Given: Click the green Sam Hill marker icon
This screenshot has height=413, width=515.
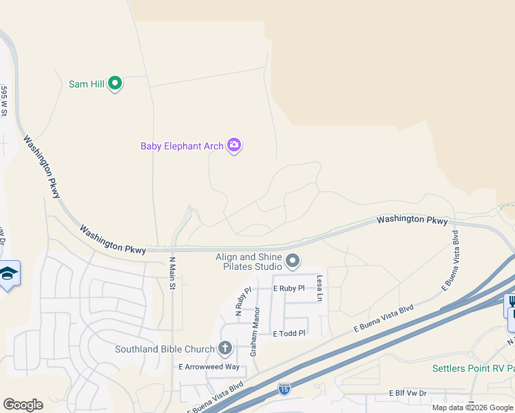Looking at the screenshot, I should pos(116,84).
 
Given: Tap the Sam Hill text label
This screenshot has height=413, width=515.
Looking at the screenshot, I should pos(86,84).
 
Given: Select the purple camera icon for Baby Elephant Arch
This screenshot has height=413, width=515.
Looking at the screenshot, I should pos(234,145).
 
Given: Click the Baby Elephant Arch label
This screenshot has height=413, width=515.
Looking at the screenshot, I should pos(182,146).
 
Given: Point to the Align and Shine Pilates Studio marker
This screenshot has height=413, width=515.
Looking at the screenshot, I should pos(293,261).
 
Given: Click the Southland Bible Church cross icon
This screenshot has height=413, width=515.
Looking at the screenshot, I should pos(224,348).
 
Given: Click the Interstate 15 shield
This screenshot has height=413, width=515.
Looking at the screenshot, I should pos(284,390).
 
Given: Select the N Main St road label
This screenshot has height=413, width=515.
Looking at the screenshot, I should pos(173,273).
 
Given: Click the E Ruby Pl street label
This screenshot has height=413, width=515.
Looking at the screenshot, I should pos(288,288).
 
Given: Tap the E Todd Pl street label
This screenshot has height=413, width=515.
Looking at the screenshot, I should pos(288,333).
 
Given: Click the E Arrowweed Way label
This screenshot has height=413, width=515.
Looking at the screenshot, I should pos(209,368).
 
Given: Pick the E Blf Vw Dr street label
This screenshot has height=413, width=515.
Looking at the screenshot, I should pos(408,393).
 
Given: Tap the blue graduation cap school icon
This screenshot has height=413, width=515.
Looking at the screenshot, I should pos(8,274).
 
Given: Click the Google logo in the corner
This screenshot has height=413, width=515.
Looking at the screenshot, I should pos(23,405).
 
